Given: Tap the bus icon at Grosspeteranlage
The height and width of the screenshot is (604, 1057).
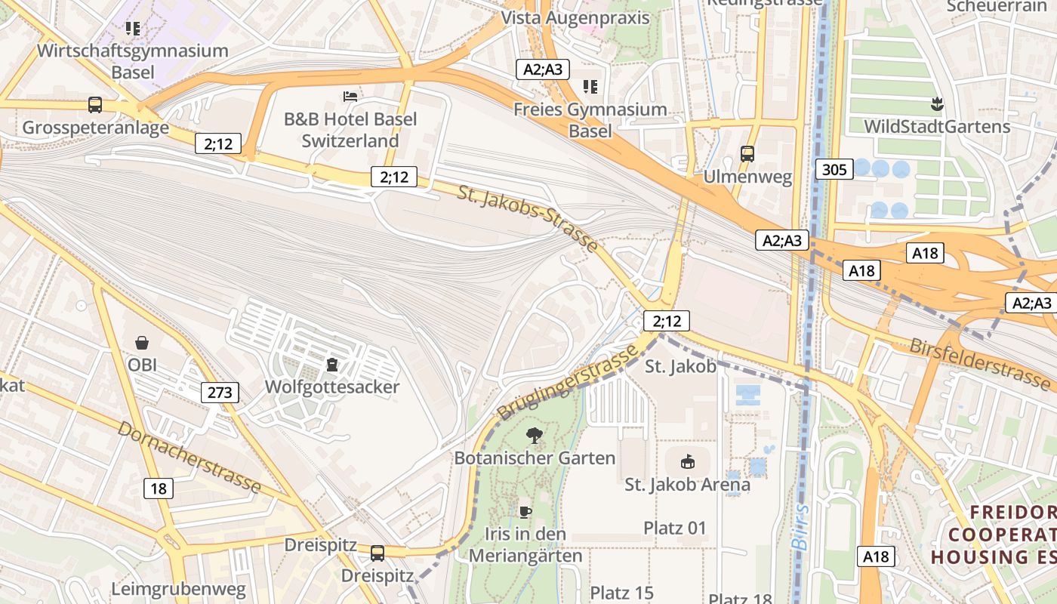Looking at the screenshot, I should pos(95,105).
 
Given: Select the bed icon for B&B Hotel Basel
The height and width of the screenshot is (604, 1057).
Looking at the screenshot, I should pos(350,96).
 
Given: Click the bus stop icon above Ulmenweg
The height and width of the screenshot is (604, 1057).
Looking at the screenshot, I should pos(747,154).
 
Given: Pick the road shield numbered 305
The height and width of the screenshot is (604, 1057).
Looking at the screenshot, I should pos(834,169).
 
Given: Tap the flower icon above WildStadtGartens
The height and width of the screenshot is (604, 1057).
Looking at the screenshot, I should pos(938,103).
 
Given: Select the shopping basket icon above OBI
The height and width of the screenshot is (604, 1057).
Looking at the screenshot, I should pos(141,343).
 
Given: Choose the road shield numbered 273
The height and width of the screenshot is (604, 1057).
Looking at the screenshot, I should pos(220,392).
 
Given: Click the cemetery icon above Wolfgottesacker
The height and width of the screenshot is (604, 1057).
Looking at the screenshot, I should pos(331,365).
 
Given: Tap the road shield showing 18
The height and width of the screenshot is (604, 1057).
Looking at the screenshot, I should pos(159,488).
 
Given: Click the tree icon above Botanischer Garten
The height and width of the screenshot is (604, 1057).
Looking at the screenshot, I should pos(535,436).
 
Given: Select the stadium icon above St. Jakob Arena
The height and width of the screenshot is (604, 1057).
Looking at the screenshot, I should pos(687,461).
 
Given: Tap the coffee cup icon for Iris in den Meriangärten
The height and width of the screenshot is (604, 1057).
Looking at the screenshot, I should pos(525,512).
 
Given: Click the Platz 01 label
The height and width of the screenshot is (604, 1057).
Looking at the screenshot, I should pos(675,528).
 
